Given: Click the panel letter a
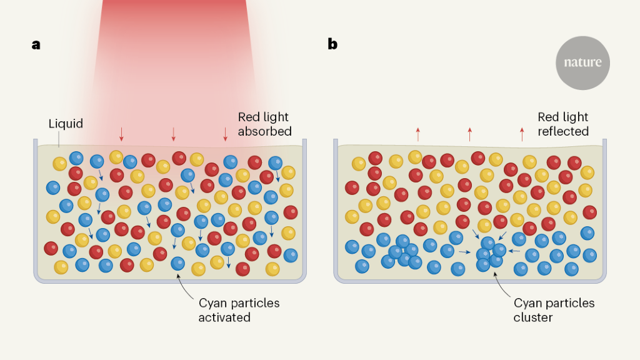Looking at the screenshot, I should [x=36, y=44].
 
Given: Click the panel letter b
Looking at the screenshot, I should [x=332, y=44].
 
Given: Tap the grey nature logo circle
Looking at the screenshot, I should [x=582, y=62].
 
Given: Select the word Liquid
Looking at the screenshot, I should [x=66, y=124].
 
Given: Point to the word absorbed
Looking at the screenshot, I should [x=264, y=131].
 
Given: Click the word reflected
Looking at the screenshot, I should [x=563, y=131].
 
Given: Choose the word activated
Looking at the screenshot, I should [x=224, y=317].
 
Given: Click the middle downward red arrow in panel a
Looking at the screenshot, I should [x=174, y=133].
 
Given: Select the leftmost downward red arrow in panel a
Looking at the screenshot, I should [x=122, y=133].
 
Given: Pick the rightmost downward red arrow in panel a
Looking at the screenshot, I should [x=226, y=133].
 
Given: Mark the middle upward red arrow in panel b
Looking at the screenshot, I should [x=470, y=133].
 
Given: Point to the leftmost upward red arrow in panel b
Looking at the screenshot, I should [x=418, y=133].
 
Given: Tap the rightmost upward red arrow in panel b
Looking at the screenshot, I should [x=522, y=133].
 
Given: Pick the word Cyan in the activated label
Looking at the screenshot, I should [x=212, y=304].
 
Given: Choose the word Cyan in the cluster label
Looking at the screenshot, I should [x=527, y=304].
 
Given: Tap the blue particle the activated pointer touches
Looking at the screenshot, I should [x=178, y=264].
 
